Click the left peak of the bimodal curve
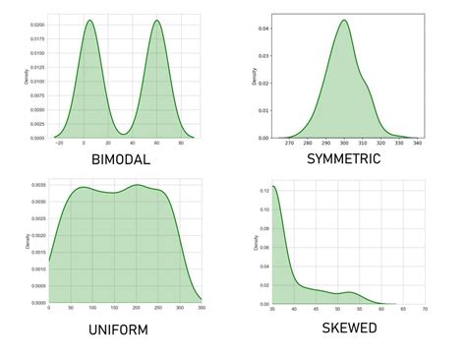pos(88,21)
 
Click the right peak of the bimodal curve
pos(157,21)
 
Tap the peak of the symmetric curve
pos(344,20)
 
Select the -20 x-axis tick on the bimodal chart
pos(61,144)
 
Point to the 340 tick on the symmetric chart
pos(419,144)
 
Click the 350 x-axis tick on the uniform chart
pos(201,307)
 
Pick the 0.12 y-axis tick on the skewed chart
pos(261,187)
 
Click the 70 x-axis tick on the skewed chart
pos(424,309)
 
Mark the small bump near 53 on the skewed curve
pos(346,292)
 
